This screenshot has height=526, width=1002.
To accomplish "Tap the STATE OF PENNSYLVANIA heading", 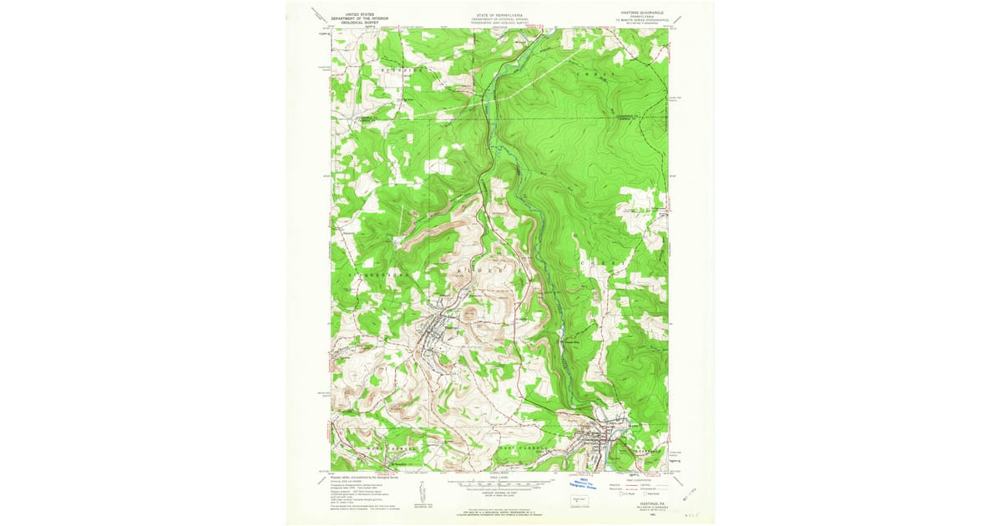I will [x=501, y=14].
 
